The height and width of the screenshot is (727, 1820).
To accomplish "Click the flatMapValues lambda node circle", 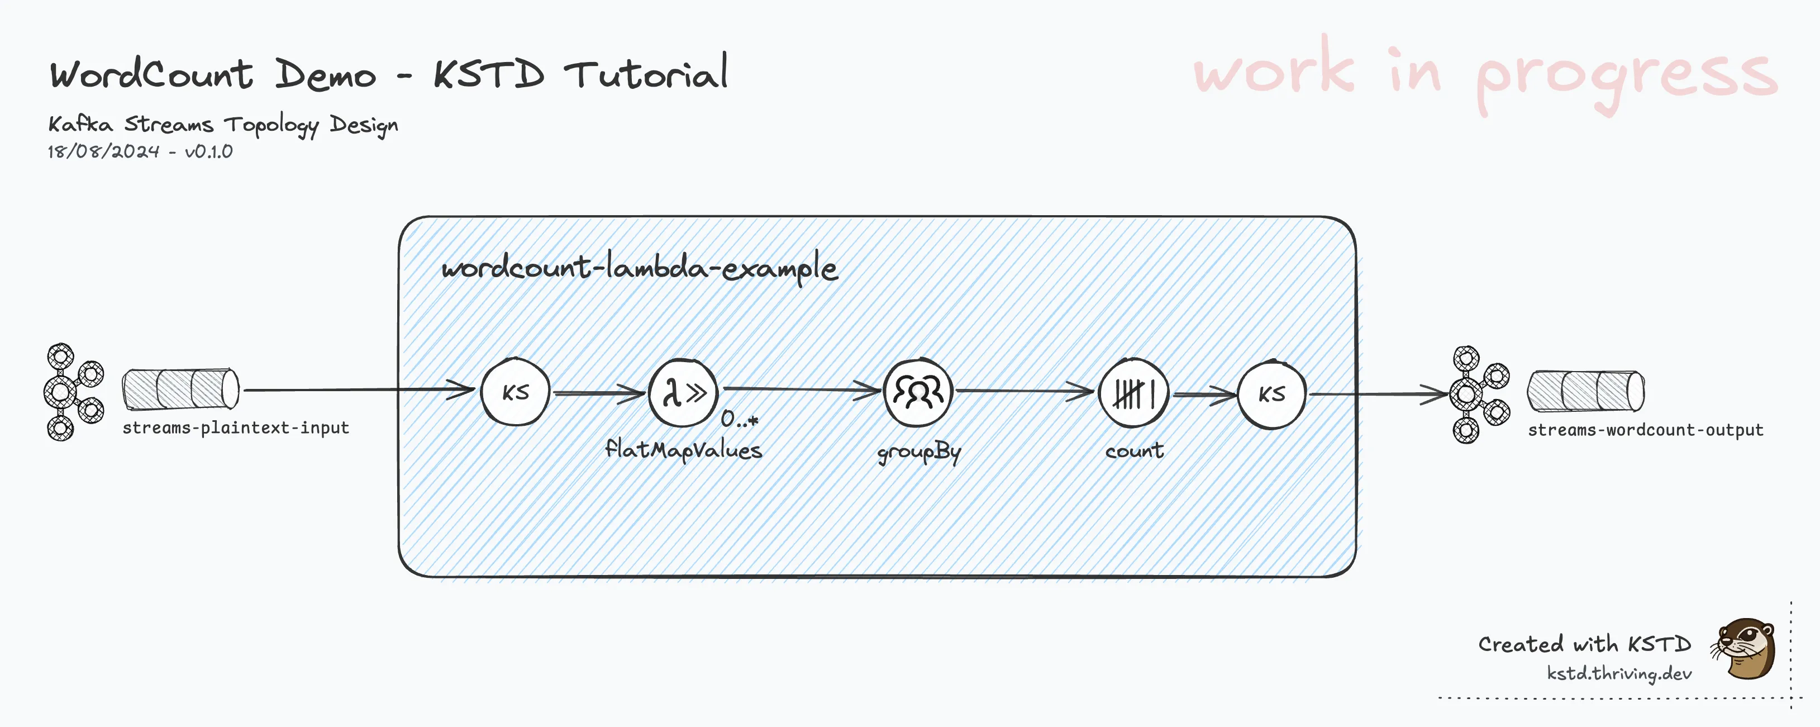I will tap(683, 393).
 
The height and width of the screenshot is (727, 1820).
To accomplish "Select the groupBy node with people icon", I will tap(918, 392).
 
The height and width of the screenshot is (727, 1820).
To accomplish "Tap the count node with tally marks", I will tap(1133, 393).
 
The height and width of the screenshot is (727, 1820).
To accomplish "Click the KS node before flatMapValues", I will tap(515, 392).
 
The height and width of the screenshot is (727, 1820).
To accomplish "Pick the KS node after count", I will tap(1272, 394).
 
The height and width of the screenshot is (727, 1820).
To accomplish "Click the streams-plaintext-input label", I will tap(235, 428).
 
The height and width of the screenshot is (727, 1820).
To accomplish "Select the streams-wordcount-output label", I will tap(1645, 430).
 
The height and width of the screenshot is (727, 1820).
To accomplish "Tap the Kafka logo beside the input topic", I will tap(74, 392).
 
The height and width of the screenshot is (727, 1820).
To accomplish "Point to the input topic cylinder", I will tap(180, 388).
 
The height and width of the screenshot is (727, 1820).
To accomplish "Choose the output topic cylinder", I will tap(1585, 391).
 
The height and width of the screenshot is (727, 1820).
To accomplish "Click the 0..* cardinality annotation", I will tap(739, 420).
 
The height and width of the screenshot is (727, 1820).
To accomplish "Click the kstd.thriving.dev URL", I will tap(1619, 673).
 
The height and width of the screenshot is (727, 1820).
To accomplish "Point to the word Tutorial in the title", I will tap(646, 73).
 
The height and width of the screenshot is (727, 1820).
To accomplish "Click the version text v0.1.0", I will tap(208, 151).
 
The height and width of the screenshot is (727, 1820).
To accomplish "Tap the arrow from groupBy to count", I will tap(1025, 390).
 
